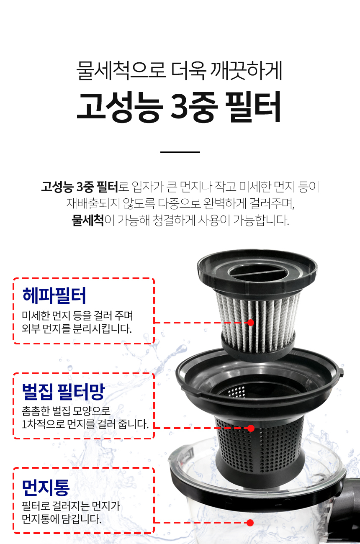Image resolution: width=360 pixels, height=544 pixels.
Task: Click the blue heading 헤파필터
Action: click(54, 295)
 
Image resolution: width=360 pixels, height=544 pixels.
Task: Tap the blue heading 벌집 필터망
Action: click(63, 392)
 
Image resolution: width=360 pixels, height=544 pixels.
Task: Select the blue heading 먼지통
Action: click(46, 488)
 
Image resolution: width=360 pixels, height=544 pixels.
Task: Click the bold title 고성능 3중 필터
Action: click(179, 107)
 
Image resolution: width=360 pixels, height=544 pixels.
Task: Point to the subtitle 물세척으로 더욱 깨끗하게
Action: click(179, 70)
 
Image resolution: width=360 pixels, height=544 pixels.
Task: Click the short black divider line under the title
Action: click(180, 152)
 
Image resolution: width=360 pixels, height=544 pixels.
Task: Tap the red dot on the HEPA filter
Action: click(251, 323)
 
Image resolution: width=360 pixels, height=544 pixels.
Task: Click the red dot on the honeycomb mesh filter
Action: click(251, 428)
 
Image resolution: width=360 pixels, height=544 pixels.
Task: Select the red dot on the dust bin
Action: click(250, 523)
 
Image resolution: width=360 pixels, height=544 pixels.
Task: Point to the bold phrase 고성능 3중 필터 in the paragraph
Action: click(80, 187)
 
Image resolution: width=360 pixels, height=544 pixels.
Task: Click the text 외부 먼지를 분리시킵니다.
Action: click(77, 328)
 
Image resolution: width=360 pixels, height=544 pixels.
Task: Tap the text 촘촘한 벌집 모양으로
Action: click(66, 411)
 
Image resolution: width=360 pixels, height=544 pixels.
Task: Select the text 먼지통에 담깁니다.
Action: click(62, 519)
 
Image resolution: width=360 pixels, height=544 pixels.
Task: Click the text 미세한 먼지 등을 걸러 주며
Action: click(77, 316)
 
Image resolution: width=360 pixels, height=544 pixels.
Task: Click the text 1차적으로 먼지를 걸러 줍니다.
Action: click(85, 424)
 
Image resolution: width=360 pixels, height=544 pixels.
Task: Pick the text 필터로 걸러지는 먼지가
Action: click(71, 506)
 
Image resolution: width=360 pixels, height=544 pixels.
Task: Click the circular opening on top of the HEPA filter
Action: click(258, 272)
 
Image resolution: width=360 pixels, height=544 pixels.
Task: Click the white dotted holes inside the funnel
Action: click(237, 392)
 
